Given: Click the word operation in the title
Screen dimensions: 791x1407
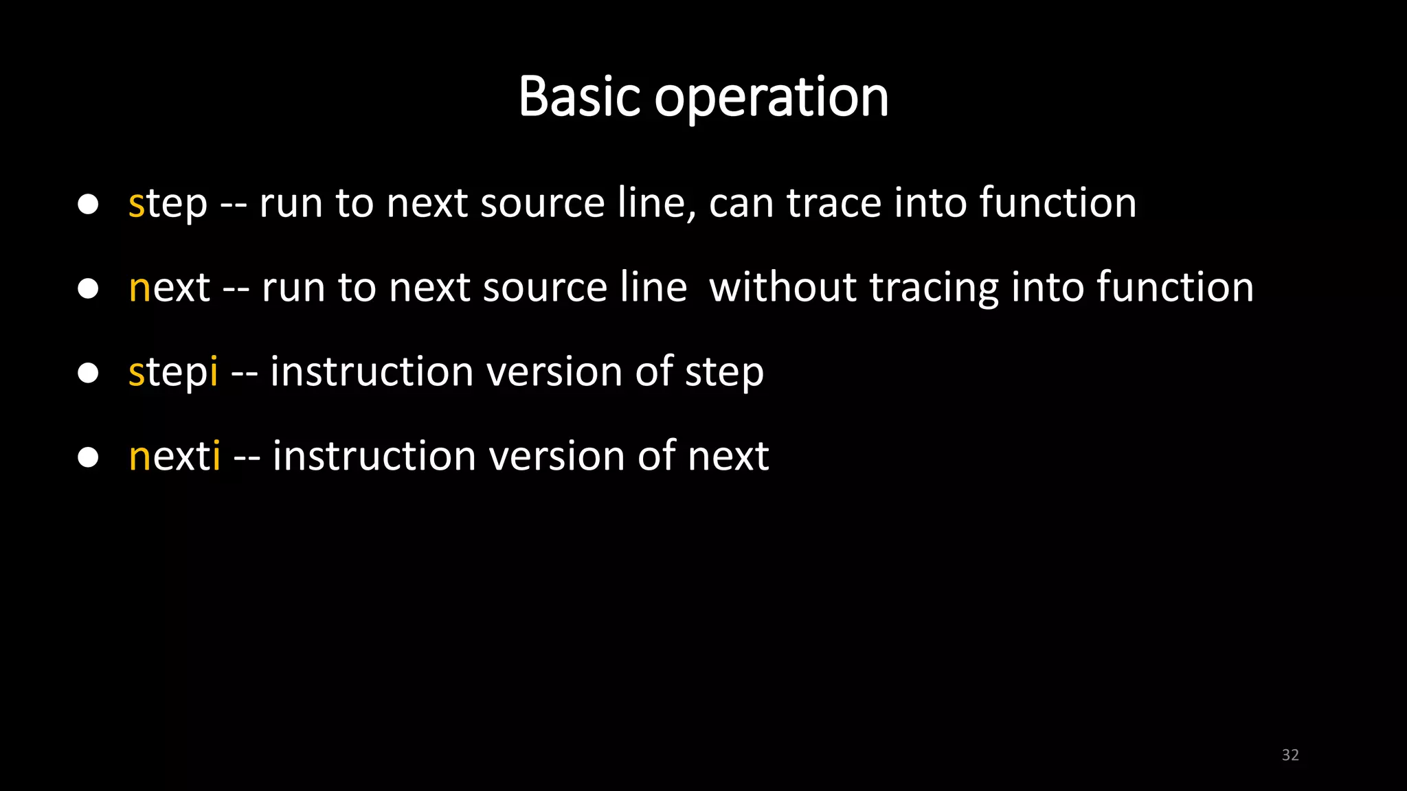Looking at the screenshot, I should (772, 98).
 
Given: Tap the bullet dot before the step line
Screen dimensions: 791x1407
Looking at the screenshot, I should (88, 204).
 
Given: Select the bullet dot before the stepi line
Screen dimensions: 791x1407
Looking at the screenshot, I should (88, 373).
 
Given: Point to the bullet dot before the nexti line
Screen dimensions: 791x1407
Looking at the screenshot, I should (88, 457).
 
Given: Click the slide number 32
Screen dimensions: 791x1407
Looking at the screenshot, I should (1290, 755).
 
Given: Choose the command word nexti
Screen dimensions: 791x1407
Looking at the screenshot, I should (175, 456).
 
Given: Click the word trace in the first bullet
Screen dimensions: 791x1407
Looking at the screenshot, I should (833, 204).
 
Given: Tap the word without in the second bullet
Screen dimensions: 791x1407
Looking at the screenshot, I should (783, 287).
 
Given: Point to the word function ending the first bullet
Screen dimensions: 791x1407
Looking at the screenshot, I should (1058, 204).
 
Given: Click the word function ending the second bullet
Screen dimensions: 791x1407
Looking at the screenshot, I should (1175, 287).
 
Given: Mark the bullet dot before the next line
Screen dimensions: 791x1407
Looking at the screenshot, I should (88, 288).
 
